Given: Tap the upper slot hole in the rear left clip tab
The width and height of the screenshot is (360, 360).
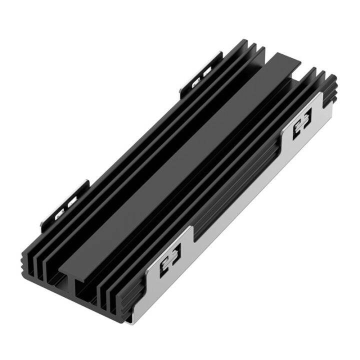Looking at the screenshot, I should click(206, 69).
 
